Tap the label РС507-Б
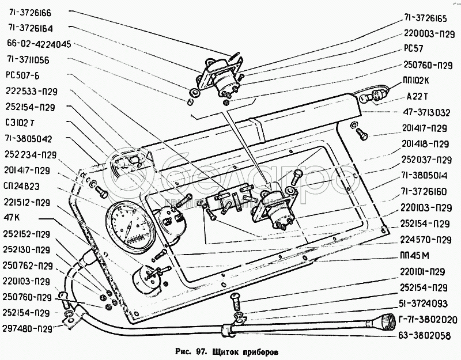point(23,74)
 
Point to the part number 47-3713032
point(427,112)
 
